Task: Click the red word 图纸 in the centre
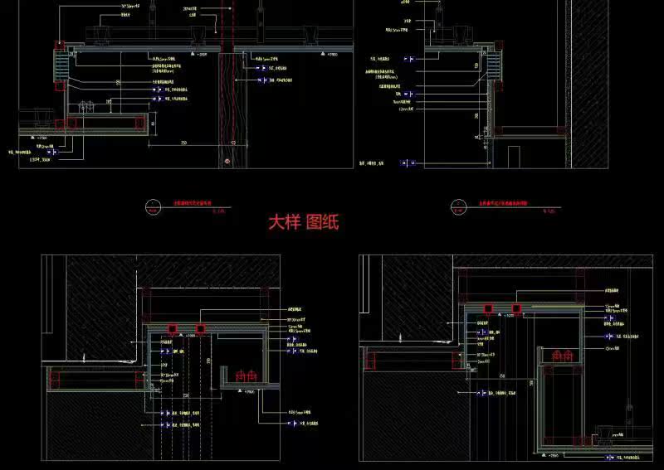(323, 222)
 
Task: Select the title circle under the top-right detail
(455, 206)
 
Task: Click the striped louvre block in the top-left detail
(61, 64)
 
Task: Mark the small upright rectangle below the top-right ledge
(514, 154)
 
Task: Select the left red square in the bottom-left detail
(173, 328)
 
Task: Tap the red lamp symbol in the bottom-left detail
(247, 376)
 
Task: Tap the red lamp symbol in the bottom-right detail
(562, 356)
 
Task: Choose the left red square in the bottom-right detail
(489, 308)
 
